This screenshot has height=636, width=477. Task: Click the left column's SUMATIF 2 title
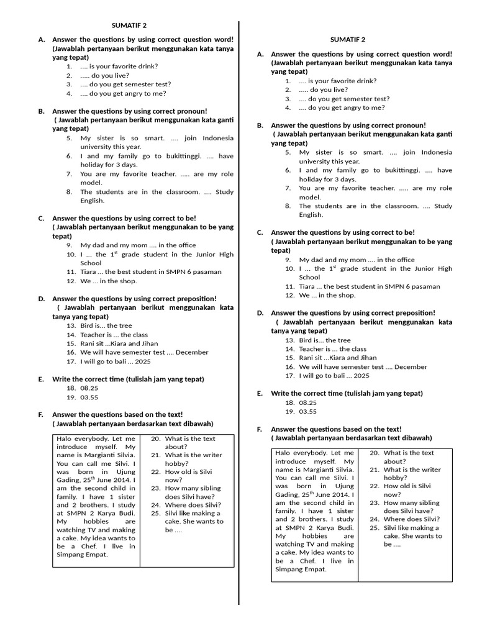129,25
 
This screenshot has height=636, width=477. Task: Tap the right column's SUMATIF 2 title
348,40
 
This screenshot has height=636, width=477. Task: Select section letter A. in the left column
41,39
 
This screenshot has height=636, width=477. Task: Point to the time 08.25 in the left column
89,388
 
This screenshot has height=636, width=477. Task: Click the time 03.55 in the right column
308,411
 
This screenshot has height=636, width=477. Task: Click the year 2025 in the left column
142,361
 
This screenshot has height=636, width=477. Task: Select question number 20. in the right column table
375,453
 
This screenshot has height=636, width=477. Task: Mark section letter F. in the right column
260,429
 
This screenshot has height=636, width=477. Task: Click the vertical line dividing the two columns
239,311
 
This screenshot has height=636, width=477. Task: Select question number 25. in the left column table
157,513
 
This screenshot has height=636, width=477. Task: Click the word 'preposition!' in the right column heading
414,313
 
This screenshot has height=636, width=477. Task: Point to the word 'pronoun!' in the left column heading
193,111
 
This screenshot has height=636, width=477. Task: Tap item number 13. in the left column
71,325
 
